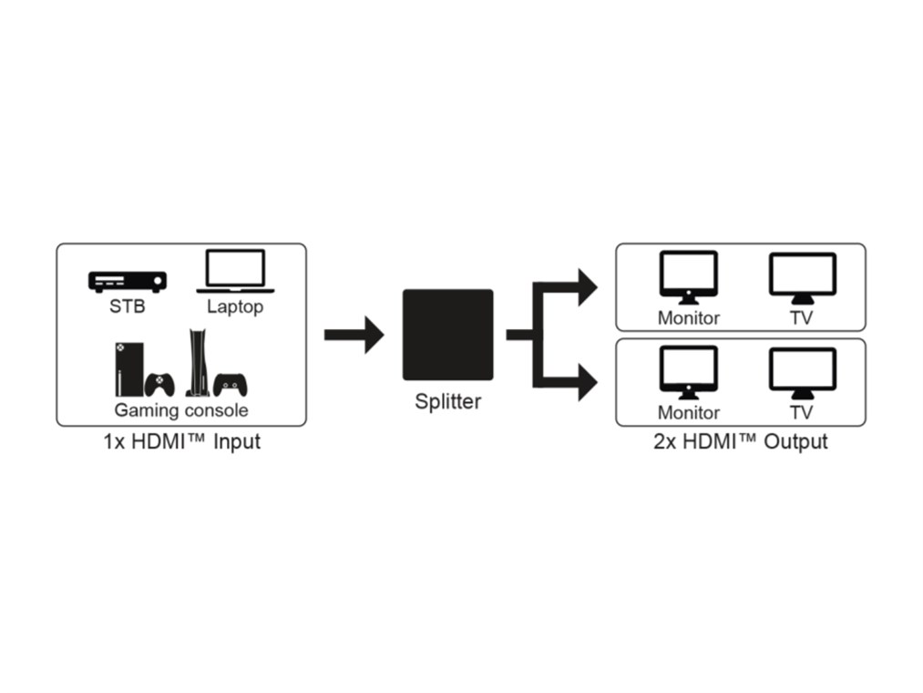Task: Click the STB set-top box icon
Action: [x=128, y=281]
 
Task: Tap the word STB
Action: [x=128, y=306]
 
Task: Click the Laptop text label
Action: [x=234, y=306]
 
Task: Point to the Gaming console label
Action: [x=180, y=409]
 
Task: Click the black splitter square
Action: [x=447, y=335]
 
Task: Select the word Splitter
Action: [x=447, y=401]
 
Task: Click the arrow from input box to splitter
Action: [x=354, y=335]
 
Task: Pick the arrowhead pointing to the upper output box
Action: [x=585, y=287]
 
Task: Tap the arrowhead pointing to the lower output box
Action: [x=585, y=381]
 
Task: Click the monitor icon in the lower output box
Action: [x=689, y=372]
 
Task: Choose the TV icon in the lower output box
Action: [x=802, y=372]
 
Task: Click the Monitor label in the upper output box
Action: [x=689, y=318]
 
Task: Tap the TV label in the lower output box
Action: [x=802, y=413]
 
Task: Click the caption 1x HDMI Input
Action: [x=181, y=442]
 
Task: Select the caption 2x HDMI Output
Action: [x=740, y=442]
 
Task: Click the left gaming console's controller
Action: [x=160, y=384]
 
